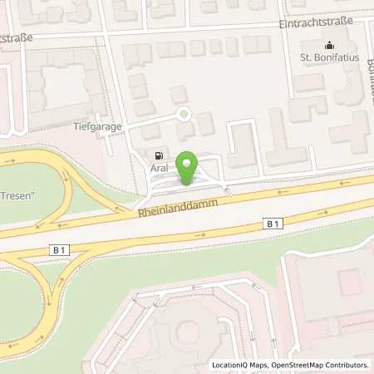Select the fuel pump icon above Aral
[x=156, y=155]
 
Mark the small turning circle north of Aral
[x=184, y=115]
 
